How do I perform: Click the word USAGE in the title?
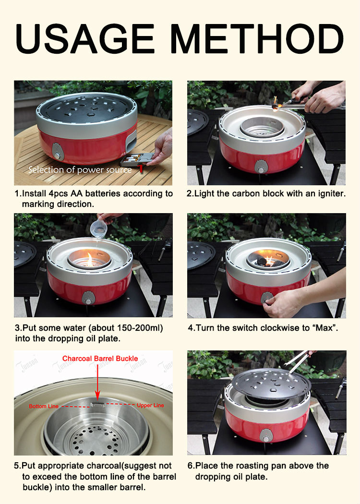[85, 38]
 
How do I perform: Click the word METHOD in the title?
[257, 38]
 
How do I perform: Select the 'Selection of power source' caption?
[80, 170]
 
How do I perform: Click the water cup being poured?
[99, 228]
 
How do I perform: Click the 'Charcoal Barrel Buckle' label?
[100, 359]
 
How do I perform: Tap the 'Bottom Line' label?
[44, 406]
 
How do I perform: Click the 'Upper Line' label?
[150, 405]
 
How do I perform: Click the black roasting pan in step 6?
[271, 384]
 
